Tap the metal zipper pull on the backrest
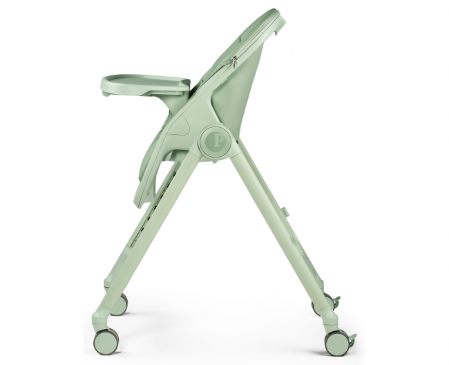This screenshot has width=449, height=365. pos(235,62)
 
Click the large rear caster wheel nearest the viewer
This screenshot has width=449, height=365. pos(338,341)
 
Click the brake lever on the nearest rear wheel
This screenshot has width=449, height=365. pos(352,339)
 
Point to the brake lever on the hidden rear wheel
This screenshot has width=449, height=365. pos(336,301)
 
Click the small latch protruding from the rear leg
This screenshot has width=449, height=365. pos(285,205)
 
